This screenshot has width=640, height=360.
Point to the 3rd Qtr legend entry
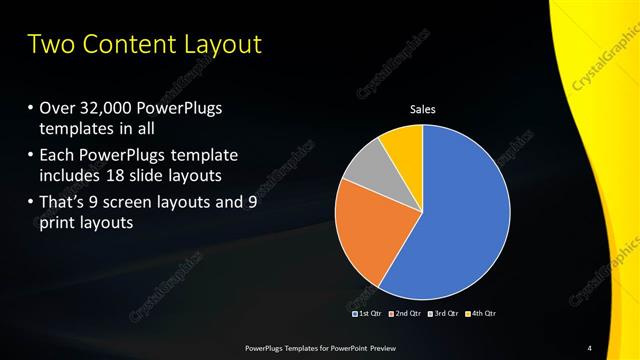444,313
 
